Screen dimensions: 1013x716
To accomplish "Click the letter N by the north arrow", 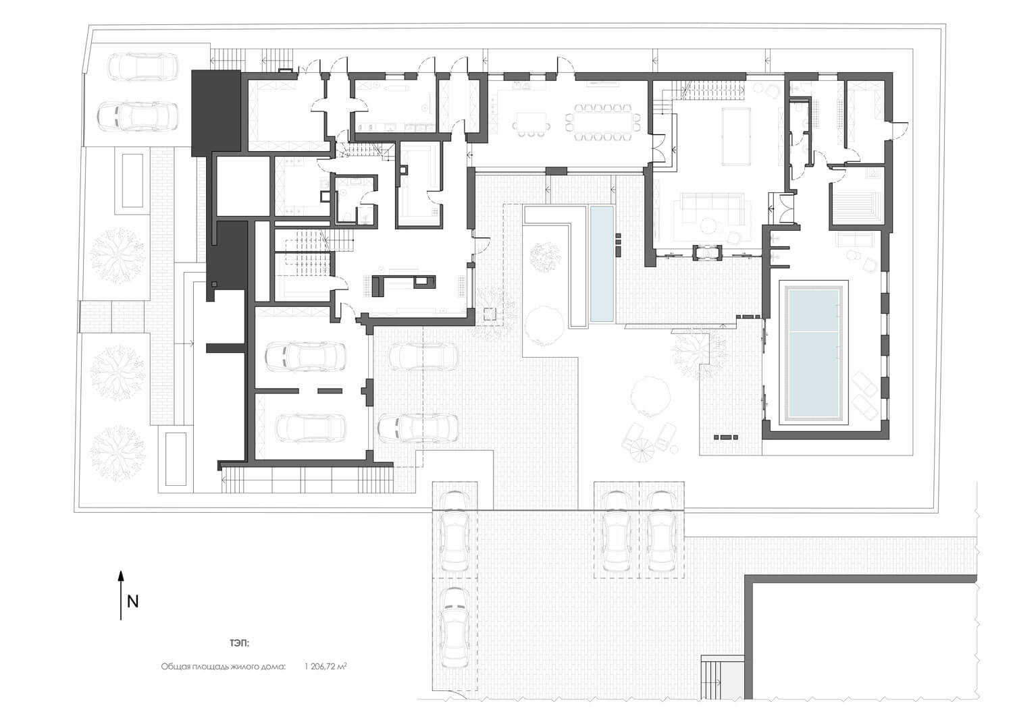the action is [x=133, y=602].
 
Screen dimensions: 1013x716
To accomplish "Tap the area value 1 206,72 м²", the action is [x=326, y=666].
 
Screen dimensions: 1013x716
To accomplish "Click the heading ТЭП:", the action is [x=240, y=642].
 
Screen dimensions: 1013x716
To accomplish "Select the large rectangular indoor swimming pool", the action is [x=814, y=353].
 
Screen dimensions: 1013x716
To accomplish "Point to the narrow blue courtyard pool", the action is [x=602, y=264].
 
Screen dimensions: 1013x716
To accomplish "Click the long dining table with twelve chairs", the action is [x=603, y=122].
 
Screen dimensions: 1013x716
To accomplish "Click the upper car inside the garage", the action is [x=306, y=356].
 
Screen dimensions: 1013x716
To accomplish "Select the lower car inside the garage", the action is [x=311, y=426].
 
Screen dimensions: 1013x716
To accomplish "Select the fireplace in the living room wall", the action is [x=706, y=252].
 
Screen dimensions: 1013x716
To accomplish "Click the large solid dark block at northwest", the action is [x=216, y=113].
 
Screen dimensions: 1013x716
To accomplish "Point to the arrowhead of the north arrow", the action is [x=121, y=576].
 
